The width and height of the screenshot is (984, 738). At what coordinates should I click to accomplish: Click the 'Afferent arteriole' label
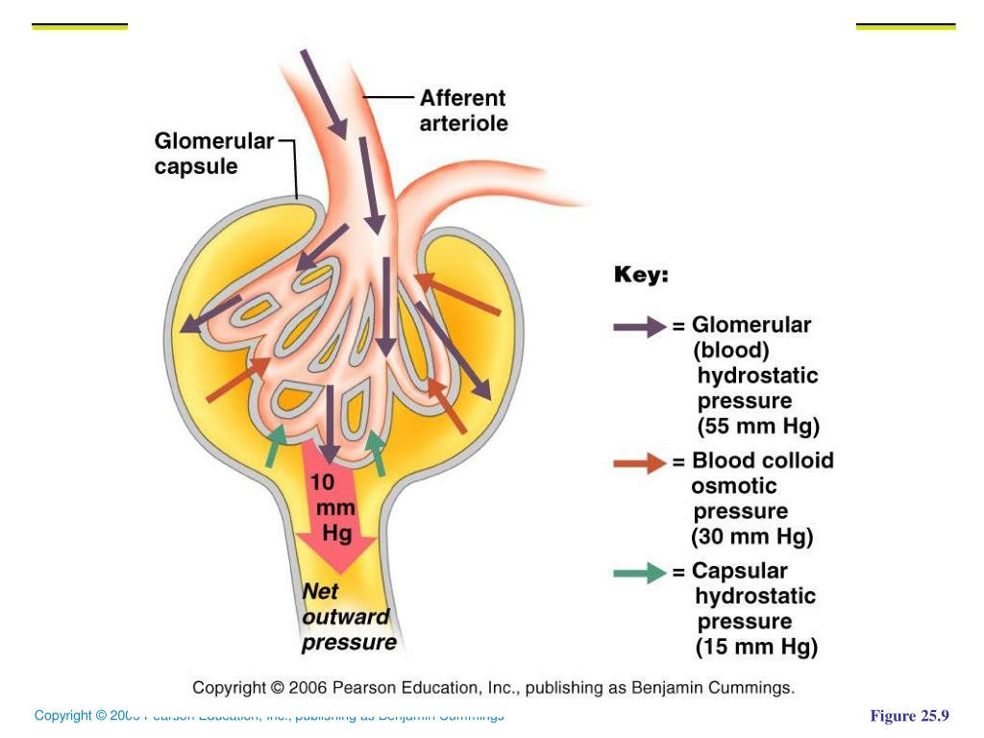pos(463,111)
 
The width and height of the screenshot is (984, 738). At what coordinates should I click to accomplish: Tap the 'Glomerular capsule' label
pos(214,154)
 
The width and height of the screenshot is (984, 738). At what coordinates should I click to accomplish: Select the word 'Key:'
pos(641,275)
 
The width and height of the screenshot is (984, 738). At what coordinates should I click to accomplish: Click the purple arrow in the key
pos(639,327)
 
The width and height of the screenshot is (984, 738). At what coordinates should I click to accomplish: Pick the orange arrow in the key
pos(639,464)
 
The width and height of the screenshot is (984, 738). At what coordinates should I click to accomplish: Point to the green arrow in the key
pos(639,574)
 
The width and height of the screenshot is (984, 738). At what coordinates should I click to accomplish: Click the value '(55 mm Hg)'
pos(758,427)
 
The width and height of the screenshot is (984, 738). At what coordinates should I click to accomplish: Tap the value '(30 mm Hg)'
pos(752,536)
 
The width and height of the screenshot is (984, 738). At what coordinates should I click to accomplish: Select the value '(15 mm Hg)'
pos(757,647)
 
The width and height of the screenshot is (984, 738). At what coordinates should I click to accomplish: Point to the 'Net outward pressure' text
pos(348,617)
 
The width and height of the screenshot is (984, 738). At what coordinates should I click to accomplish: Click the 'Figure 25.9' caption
pos(909,716)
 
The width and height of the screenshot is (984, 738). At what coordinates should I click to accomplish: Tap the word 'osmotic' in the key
pos(734,486)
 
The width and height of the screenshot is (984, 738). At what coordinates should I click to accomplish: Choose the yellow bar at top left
pos(80,27)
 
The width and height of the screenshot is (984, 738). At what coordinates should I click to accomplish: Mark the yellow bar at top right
pos(905,27)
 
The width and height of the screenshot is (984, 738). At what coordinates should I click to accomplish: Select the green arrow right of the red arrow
pos(378,453)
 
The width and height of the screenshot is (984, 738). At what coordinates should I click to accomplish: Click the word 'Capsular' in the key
pos(740,571)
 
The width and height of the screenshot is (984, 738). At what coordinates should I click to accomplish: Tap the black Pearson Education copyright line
pos(494,688)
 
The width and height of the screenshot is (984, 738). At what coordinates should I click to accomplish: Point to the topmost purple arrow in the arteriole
pos(323,92)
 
